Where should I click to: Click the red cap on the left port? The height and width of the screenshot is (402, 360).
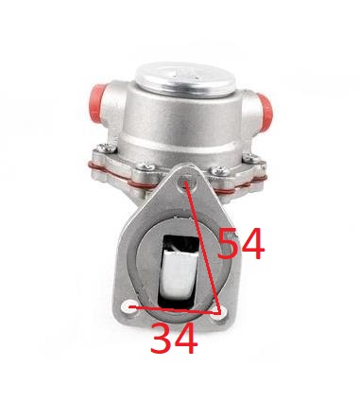97,103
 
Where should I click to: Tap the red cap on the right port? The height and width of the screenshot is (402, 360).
264,109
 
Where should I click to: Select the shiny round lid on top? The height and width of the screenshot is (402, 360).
185,79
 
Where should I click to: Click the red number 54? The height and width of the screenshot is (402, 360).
241,244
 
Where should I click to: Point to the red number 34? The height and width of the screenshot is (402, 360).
174,339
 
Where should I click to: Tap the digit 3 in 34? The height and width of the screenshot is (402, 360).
161,339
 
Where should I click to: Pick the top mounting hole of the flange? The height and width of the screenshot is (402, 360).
186,183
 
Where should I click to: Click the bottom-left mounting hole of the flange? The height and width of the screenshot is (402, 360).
130,306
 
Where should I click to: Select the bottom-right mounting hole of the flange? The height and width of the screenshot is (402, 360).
221,314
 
